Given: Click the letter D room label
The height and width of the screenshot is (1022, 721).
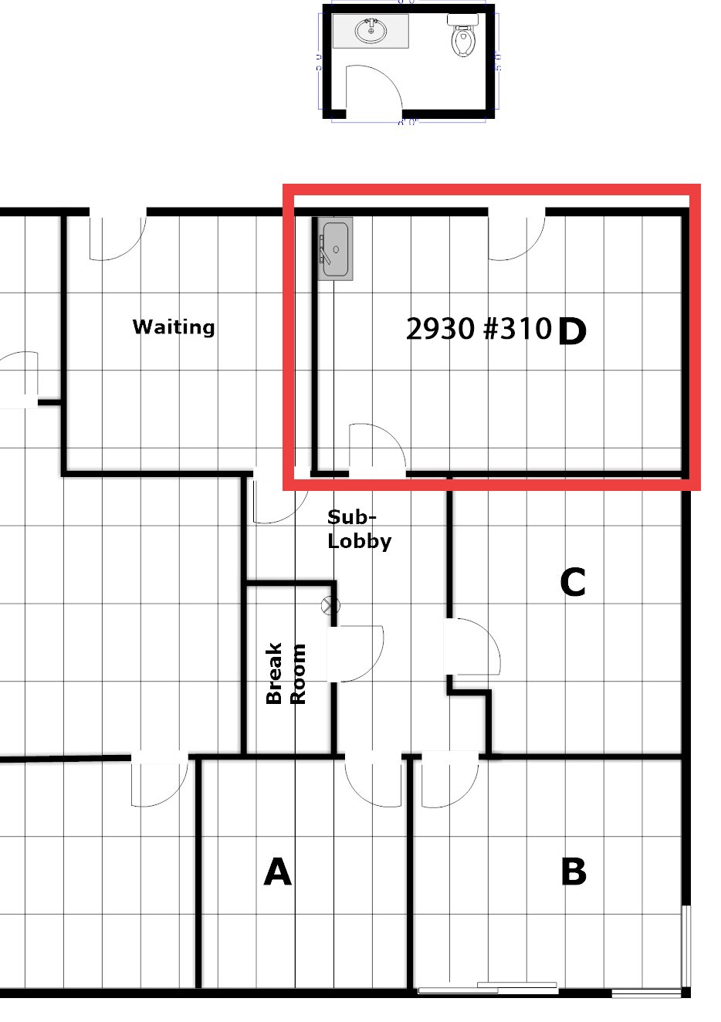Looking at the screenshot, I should point(571,331).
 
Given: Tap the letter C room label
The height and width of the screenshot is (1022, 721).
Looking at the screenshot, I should point(572,583).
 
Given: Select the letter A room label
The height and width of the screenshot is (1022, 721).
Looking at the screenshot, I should point(278,872).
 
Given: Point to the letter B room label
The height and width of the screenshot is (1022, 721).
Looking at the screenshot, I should point(573,872).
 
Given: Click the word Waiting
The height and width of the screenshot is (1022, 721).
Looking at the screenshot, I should point(174,327).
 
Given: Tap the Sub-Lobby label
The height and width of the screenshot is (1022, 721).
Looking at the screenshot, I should point(359,529).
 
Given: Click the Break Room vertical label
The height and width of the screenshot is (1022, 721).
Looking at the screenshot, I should point(286,673).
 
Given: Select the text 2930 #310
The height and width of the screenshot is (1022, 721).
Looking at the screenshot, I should point(479,330).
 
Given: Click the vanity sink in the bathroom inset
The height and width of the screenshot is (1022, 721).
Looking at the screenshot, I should point(371,31).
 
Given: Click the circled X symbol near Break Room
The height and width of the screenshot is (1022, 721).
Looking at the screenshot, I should point(331,606).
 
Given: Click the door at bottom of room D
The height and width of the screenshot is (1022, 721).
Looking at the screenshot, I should point(377,448).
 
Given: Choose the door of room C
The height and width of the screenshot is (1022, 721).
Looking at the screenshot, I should point(472,647).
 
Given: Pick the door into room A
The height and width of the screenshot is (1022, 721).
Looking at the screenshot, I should point(374,780).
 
